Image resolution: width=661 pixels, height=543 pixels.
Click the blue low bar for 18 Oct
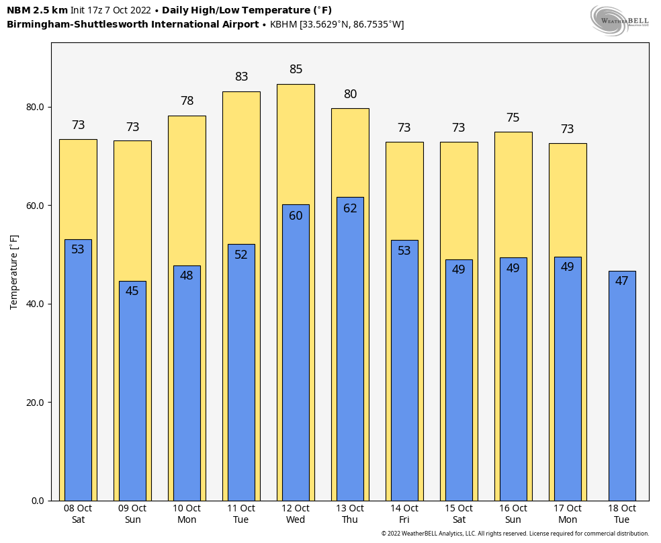(621, 386)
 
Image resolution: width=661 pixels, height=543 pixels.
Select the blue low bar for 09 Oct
(132, 390)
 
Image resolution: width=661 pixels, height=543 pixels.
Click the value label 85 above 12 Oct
(296, 69)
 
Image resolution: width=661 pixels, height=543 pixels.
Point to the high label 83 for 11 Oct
(241, 77)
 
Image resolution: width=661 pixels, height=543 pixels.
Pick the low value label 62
(350, 208)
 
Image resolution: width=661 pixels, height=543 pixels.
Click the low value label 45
(132, 291)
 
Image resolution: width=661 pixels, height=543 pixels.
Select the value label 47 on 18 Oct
(621, 281)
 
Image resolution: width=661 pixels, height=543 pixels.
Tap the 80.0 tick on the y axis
(35, 107)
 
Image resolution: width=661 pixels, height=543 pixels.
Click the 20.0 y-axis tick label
(35, 403)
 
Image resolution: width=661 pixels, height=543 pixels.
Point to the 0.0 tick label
(37, 501)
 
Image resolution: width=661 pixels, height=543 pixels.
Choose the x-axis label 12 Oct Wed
(296, 514)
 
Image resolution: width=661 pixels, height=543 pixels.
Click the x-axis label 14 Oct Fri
(404, 514)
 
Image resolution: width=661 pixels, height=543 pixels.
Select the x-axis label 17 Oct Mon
(568, 514)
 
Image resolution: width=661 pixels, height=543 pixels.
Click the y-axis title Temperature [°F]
(14, 272)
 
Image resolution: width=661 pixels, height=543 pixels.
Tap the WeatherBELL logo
(619, 20)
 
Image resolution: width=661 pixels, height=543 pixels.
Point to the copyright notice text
(515, 534)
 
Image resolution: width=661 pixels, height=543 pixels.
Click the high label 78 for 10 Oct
(187, 101)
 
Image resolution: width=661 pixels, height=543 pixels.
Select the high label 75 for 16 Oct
(513, 118)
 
